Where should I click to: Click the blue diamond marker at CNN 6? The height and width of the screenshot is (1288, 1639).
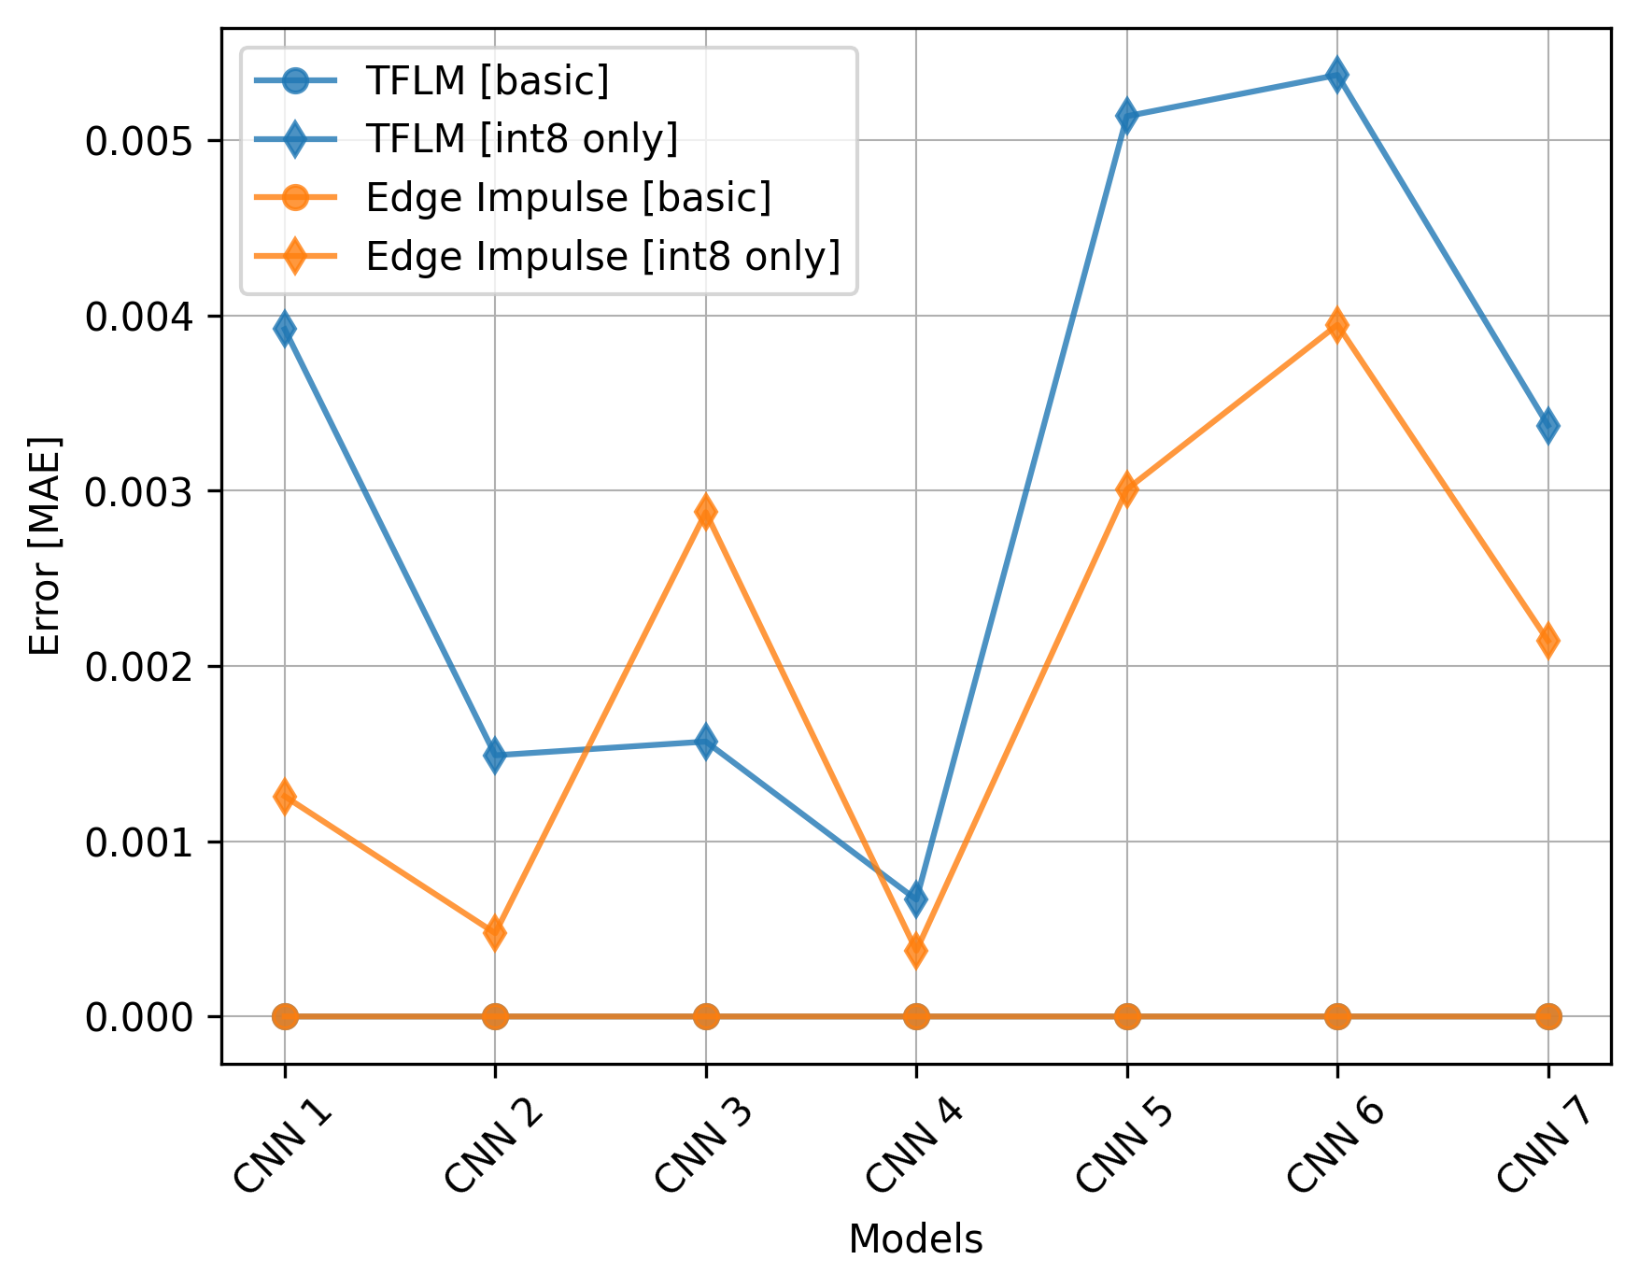pyautogui.click(x=1337, y=75)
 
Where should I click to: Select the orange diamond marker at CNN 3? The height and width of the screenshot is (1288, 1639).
pyautogui.click(x=706, y=512)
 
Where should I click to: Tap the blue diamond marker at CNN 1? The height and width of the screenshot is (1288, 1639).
pyautogui.click(x=285, y=329)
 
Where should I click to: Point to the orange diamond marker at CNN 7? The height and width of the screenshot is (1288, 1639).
pyautogui.click(x=1547, y=641)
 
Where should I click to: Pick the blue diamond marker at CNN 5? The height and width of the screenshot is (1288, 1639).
pyautogui.click(x=1126, y=117)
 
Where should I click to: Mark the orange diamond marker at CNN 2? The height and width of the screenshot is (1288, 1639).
pyautogui.click(x=495, y=932)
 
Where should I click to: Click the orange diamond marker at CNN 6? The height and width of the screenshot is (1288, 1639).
pyautogui.click(x=1337, y=325)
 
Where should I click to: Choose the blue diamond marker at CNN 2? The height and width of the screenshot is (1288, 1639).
pyautogui.click(x=495, y=755)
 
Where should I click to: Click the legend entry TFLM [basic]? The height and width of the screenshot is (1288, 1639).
pyautogui.click(x=487, y=81)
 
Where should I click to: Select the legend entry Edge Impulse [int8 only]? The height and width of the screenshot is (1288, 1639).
pyautogui.click(x=602, y=256)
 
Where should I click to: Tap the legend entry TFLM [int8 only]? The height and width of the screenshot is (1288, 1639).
pyautogui.click(x=521, y=139)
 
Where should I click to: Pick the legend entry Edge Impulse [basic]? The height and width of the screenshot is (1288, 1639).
pyautogui.click(x=568, y=198)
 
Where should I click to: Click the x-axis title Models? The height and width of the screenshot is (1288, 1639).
pyautogui.click(x=915, y=1239)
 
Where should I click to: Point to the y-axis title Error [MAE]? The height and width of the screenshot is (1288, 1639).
pyautogui.click(x=44, y=545)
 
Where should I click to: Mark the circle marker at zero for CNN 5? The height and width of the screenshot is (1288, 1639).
pyautogui.click(x=1126, y=1016)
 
